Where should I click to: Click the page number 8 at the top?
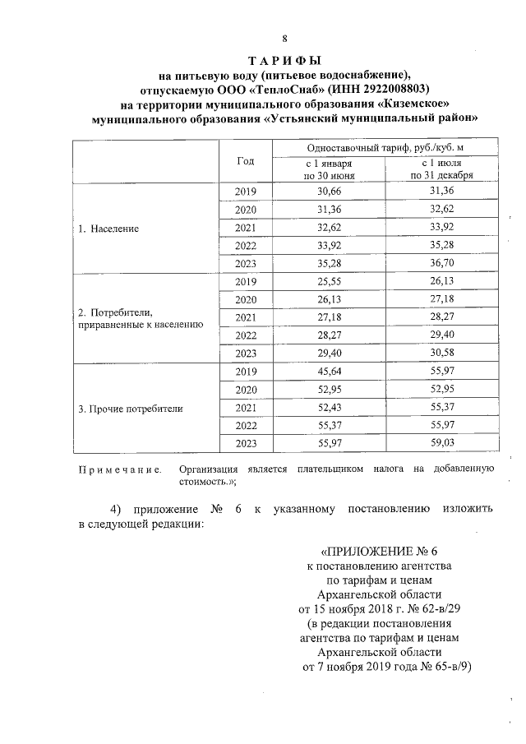[284, 39]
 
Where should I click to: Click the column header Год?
[245, 161]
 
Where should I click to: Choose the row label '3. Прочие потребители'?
[130, 408]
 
